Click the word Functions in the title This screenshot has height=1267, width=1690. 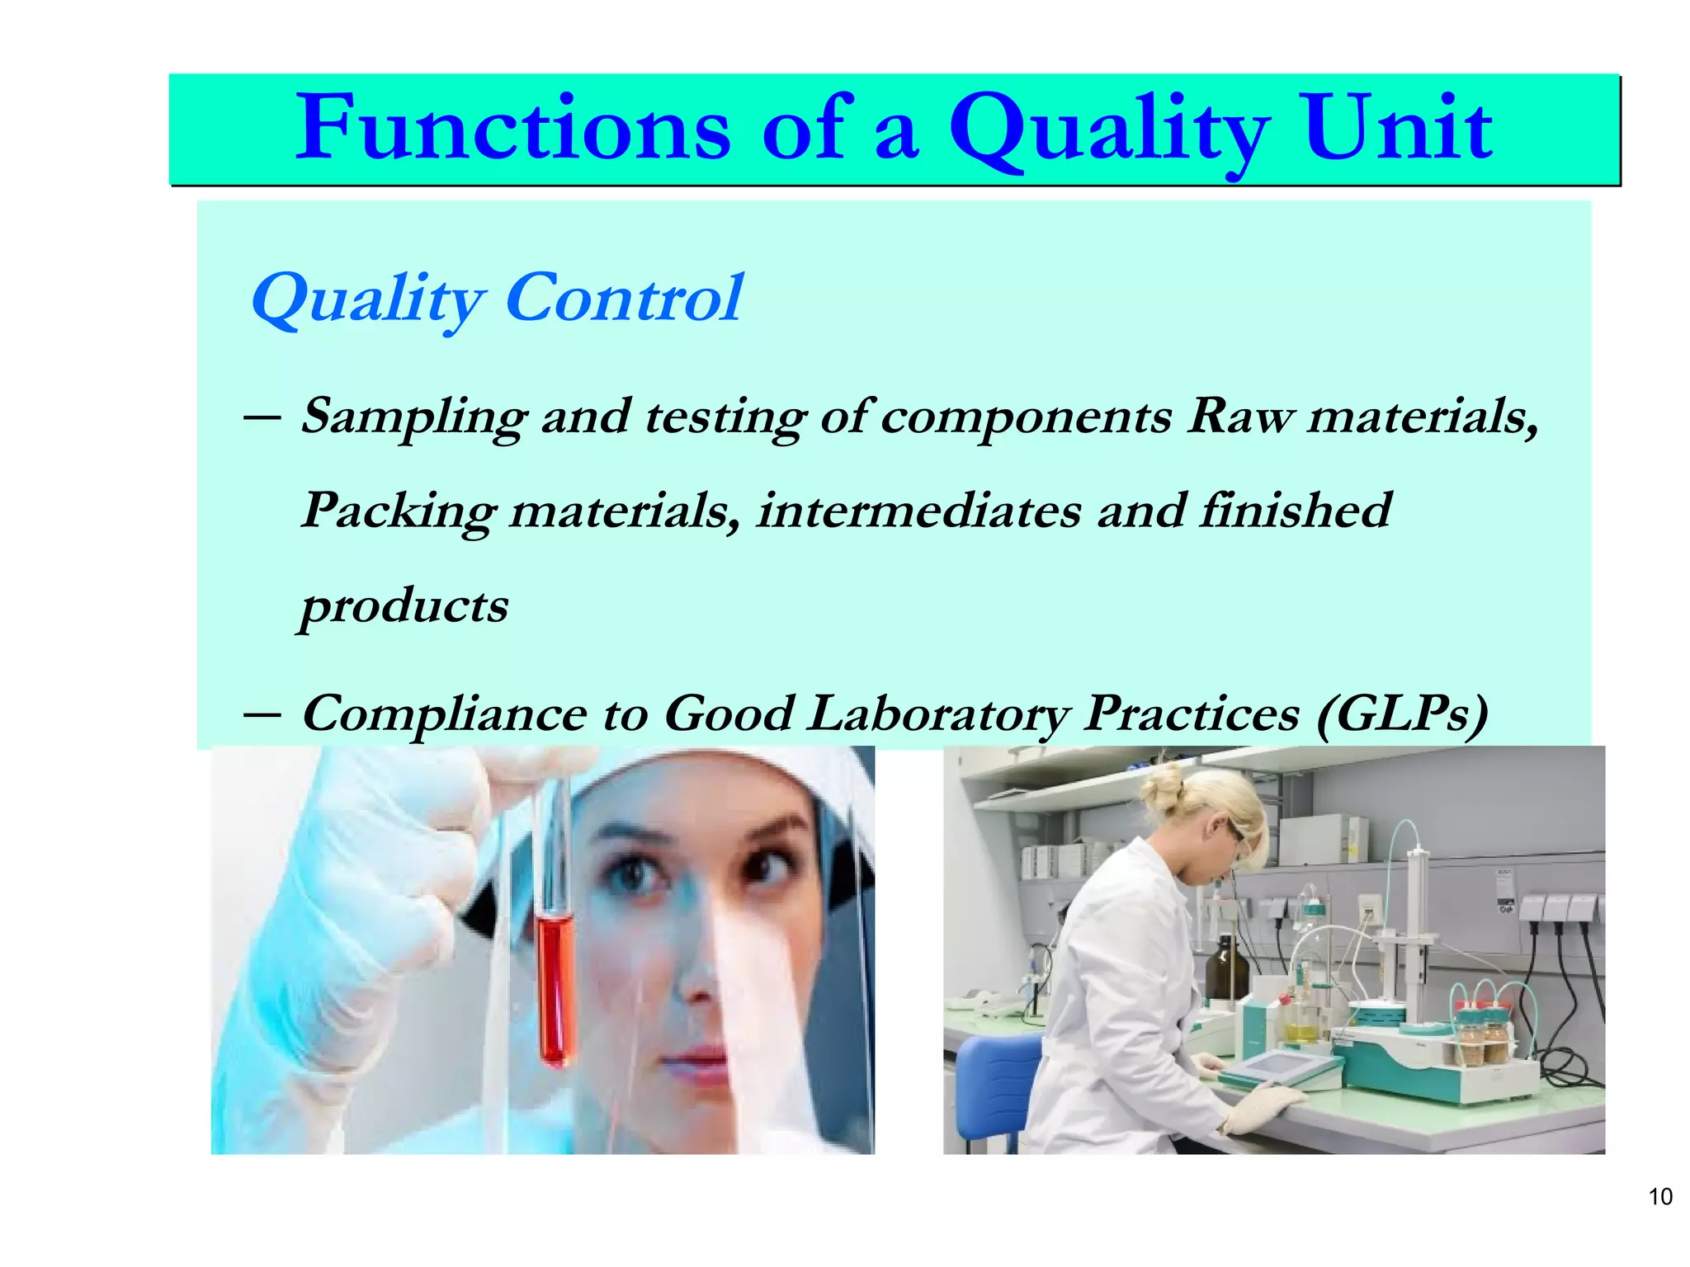click(512, 128)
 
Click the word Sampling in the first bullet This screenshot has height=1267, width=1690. click(413, 416)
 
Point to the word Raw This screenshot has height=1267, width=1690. click(1240, 416)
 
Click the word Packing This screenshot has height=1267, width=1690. click(398, 511)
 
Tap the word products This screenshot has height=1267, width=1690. click(404, 606)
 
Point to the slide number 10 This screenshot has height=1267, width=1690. click(1659, 1197)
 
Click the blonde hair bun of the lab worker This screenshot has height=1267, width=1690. click(1164, 791)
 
